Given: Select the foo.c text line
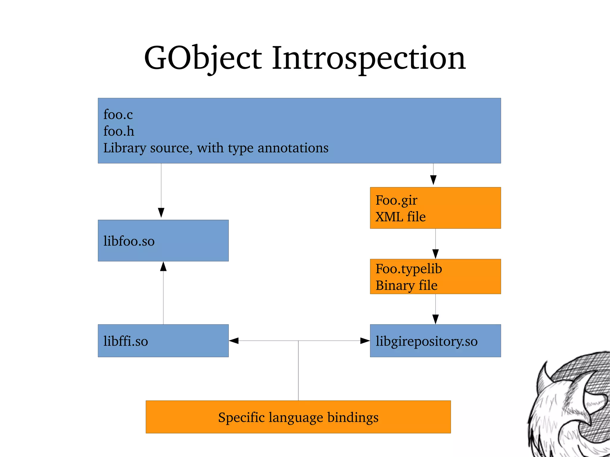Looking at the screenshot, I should pyautogui.click(x=118, y=114).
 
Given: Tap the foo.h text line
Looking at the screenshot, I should pyautogui.click(x=119, y=131).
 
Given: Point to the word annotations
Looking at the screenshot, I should pyautogui.click(x=293, y=148).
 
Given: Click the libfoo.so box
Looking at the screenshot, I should pyautogui.click(x=163, y=241).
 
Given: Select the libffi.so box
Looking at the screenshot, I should pyautogui.click(x=163, y=341).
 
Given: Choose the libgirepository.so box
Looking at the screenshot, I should pyautogui.click(x=435, y=341).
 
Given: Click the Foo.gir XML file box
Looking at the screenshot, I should pyautogui.click(x=435, y=208).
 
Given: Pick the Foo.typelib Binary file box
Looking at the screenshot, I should pyautogui.click(x=435, y=277).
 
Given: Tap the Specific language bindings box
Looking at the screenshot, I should pyautogui.click(x=298, y=417).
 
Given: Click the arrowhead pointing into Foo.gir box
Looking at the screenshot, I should pyautogui.click(x=433, y=180).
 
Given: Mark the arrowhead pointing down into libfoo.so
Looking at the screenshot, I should pyautogui.click(x=161, y=213).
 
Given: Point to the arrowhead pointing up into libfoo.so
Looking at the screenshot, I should pyautogui.click(x=163, y=266).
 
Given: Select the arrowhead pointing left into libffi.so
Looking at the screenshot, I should pyautogui.click(x=234, y=341).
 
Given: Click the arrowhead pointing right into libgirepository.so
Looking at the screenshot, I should pyautogui.click(x=365, y=341).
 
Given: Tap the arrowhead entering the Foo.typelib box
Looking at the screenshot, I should pyautogui.click(x=435, y=254).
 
